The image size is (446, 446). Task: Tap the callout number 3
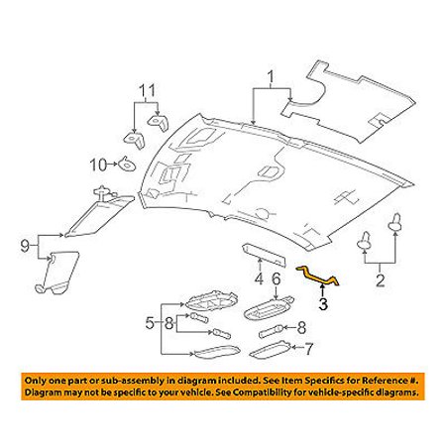pos(323,304)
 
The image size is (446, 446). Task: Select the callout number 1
pos(271,78)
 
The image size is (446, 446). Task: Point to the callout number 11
pos(147,91)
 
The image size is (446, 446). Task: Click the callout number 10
pos(98,165)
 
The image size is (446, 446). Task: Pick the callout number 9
pos(25,246)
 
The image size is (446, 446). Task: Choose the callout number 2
pos(381,280)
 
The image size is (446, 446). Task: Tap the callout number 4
pos(260,279)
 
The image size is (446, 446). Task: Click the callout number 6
pos(277,279)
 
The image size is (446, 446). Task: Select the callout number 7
pos(308,349)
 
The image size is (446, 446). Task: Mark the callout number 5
pos(150,323)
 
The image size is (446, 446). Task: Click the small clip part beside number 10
pos(127,164)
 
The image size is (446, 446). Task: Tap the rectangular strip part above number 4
pos(264,255)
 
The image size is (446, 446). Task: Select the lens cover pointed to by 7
pos(271,350)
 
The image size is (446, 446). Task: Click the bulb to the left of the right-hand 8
pos(272,331)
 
